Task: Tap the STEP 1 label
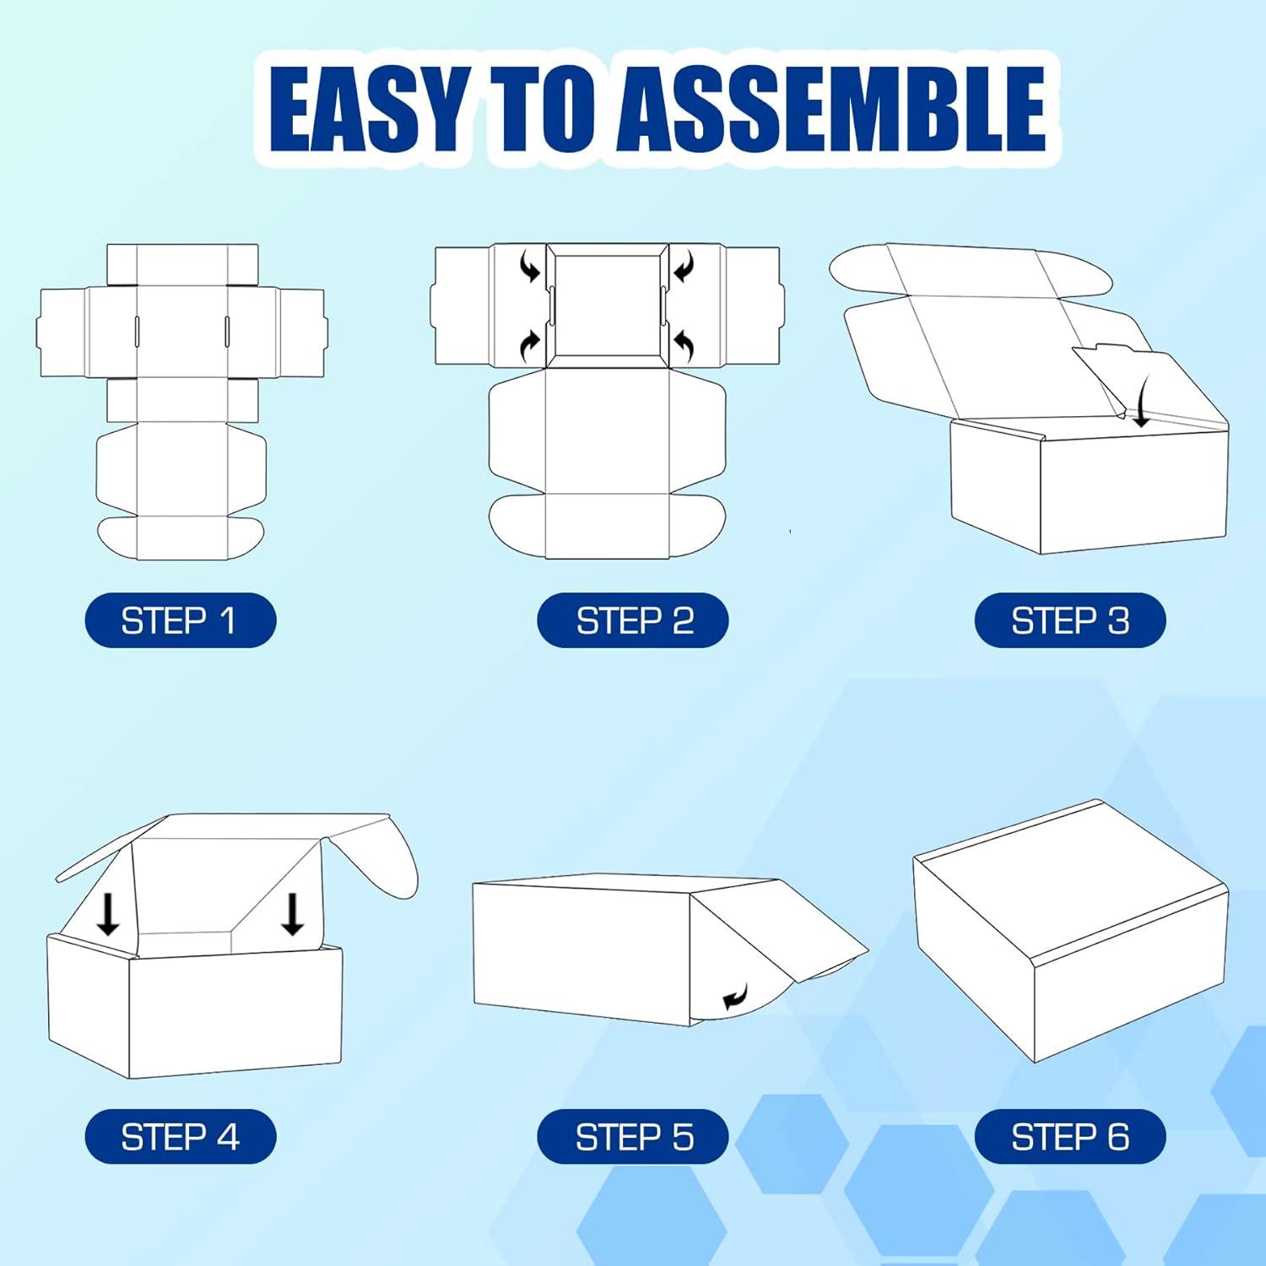180,621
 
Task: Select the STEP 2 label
633,621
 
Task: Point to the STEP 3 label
1070,621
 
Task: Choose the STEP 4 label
180,1137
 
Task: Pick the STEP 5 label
633,1137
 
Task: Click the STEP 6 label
1070,1137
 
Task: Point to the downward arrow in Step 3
1140,403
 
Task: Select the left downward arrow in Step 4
108,914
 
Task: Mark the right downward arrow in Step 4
292,914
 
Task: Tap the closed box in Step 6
1070,930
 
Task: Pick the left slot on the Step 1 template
136,331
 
